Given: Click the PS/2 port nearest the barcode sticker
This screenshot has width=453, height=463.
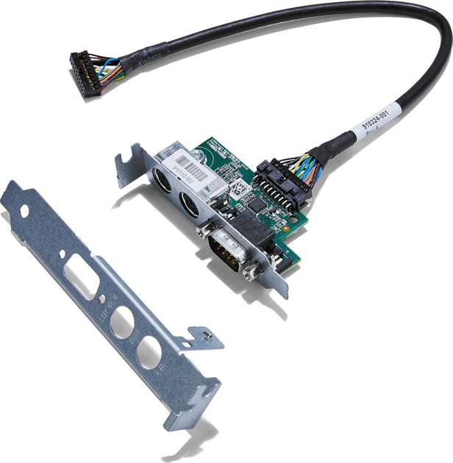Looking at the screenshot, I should coord(163,181).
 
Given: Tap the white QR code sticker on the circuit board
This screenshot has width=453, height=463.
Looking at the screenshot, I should coord(237,187).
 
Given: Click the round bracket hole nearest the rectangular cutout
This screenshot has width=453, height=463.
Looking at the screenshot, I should coord(121,321).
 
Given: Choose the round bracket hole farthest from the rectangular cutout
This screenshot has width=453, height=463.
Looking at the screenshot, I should coord(149,352).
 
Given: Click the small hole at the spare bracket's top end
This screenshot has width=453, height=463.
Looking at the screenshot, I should coord(24,211).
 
